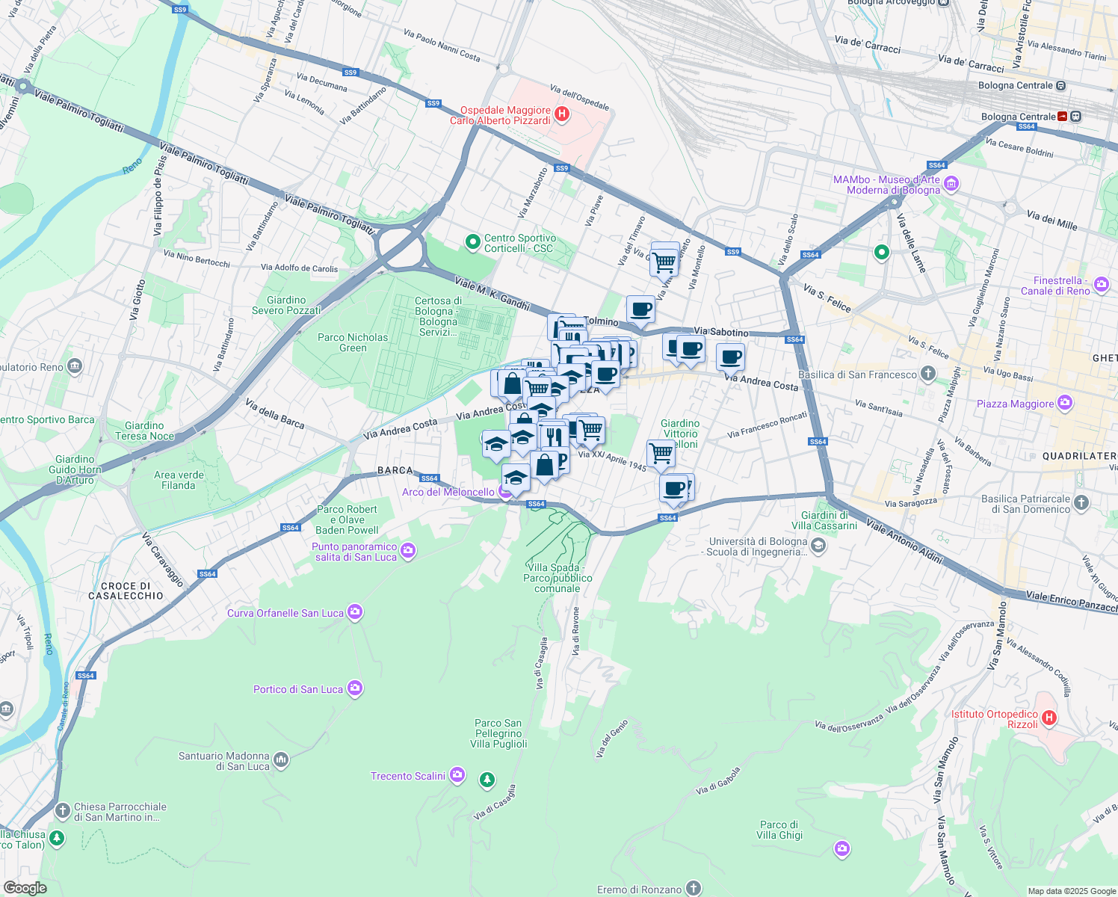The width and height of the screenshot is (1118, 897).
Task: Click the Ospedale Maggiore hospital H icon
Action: (x=562, y=115)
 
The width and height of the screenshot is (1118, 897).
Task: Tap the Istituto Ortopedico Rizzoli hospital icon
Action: (x=1048, y=718)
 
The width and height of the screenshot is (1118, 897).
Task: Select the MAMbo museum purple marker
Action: (x=951, y=184)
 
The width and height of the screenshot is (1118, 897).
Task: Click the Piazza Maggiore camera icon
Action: (x=1065, y=404)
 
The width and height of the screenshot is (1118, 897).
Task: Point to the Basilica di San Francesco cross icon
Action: (x=927, y=374)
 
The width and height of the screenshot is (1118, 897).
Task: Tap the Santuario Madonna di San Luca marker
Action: (x=281, y=760)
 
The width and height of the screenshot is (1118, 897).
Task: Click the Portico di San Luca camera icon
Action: (x=355, y=688)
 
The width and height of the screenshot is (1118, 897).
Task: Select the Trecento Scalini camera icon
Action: (x=457, y=776)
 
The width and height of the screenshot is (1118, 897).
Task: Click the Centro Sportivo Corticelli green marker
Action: (x=472, y=242)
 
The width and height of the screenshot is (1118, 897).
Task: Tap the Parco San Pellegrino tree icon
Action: (x=487, y=780)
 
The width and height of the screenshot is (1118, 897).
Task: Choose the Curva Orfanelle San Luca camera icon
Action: (x=356, y=613)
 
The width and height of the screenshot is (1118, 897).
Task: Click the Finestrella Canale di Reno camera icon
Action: (x=1101, y=285)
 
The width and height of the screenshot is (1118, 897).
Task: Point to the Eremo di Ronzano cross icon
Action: (x=694, y=888)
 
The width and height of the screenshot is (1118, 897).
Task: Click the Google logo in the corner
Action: (x=25, y=887)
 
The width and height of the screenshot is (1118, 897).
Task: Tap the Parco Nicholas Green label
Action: (x=353, y=342)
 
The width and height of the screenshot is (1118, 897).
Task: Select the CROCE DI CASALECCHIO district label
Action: (x=126, y=591)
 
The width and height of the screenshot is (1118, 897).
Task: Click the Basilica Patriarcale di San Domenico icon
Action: (x=1081, y=503)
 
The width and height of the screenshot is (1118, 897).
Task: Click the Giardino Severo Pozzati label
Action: (x=286, y=305)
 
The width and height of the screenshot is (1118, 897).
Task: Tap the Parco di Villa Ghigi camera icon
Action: (x=842, y=849)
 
